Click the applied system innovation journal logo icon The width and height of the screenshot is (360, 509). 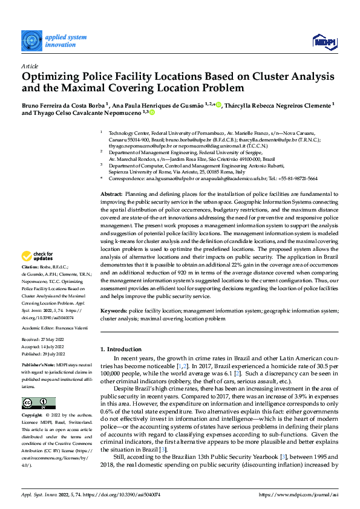point(31,40)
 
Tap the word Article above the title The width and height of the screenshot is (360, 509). point(30,66)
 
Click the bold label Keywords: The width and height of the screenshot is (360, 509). point(114,310)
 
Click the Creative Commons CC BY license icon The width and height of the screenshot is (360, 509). point(39,403)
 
